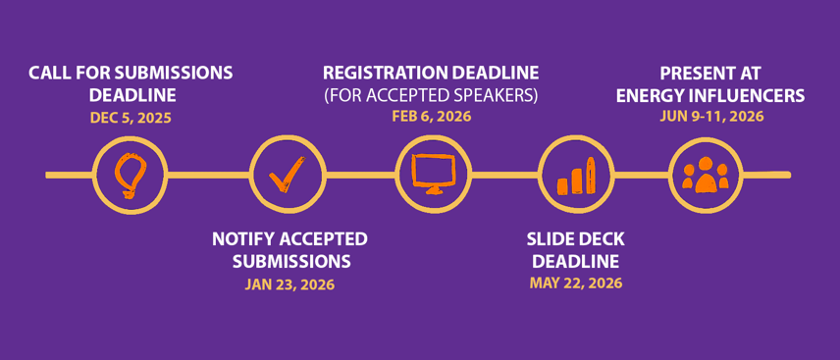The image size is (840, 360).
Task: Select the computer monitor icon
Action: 433,174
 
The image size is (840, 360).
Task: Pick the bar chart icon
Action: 576,176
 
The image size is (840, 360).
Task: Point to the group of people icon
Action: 705,175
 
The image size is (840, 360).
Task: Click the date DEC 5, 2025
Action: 131,118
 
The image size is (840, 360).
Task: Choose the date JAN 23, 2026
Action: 289,283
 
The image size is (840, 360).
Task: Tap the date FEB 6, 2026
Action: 431,117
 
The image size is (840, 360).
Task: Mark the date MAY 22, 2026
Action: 576,283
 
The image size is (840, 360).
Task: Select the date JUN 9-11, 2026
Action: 711,117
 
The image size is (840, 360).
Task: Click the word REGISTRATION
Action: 377,73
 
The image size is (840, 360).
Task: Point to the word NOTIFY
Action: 241,239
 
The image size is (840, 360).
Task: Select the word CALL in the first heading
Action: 47,73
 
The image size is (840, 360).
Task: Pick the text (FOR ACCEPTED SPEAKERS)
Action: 431,95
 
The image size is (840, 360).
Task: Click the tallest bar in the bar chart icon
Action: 591,176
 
